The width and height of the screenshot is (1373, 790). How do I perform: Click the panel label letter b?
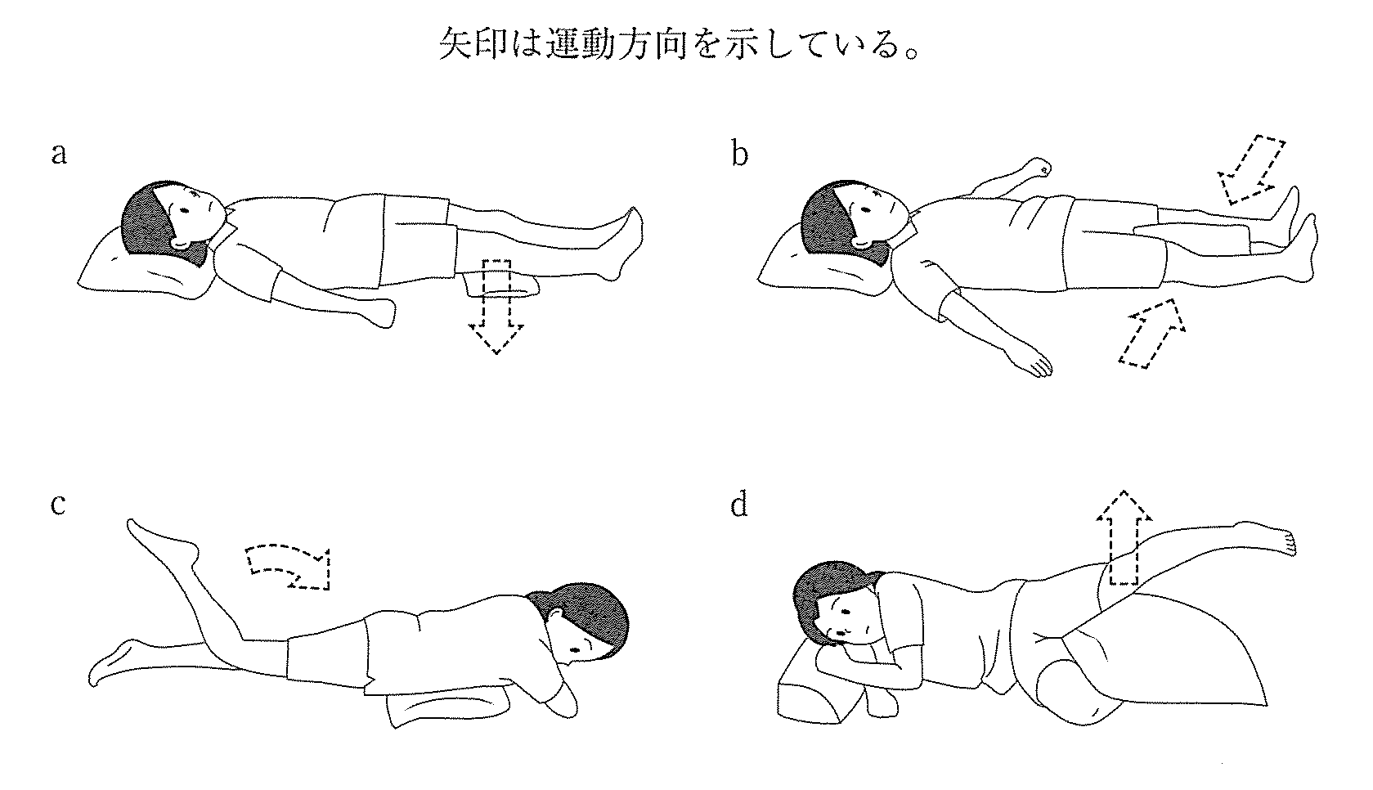[739, 153]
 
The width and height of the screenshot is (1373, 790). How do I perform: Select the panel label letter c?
[57, 505]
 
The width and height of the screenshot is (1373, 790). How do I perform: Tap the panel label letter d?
[739, 505]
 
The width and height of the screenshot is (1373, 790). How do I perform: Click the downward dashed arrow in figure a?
[496, 307]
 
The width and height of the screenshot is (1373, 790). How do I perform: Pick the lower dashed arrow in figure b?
[1152, 334]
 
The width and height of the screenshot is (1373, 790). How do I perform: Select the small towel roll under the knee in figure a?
[501, 285]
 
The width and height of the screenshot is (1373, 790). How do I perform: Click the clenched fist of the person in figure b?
[1039, 166]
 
